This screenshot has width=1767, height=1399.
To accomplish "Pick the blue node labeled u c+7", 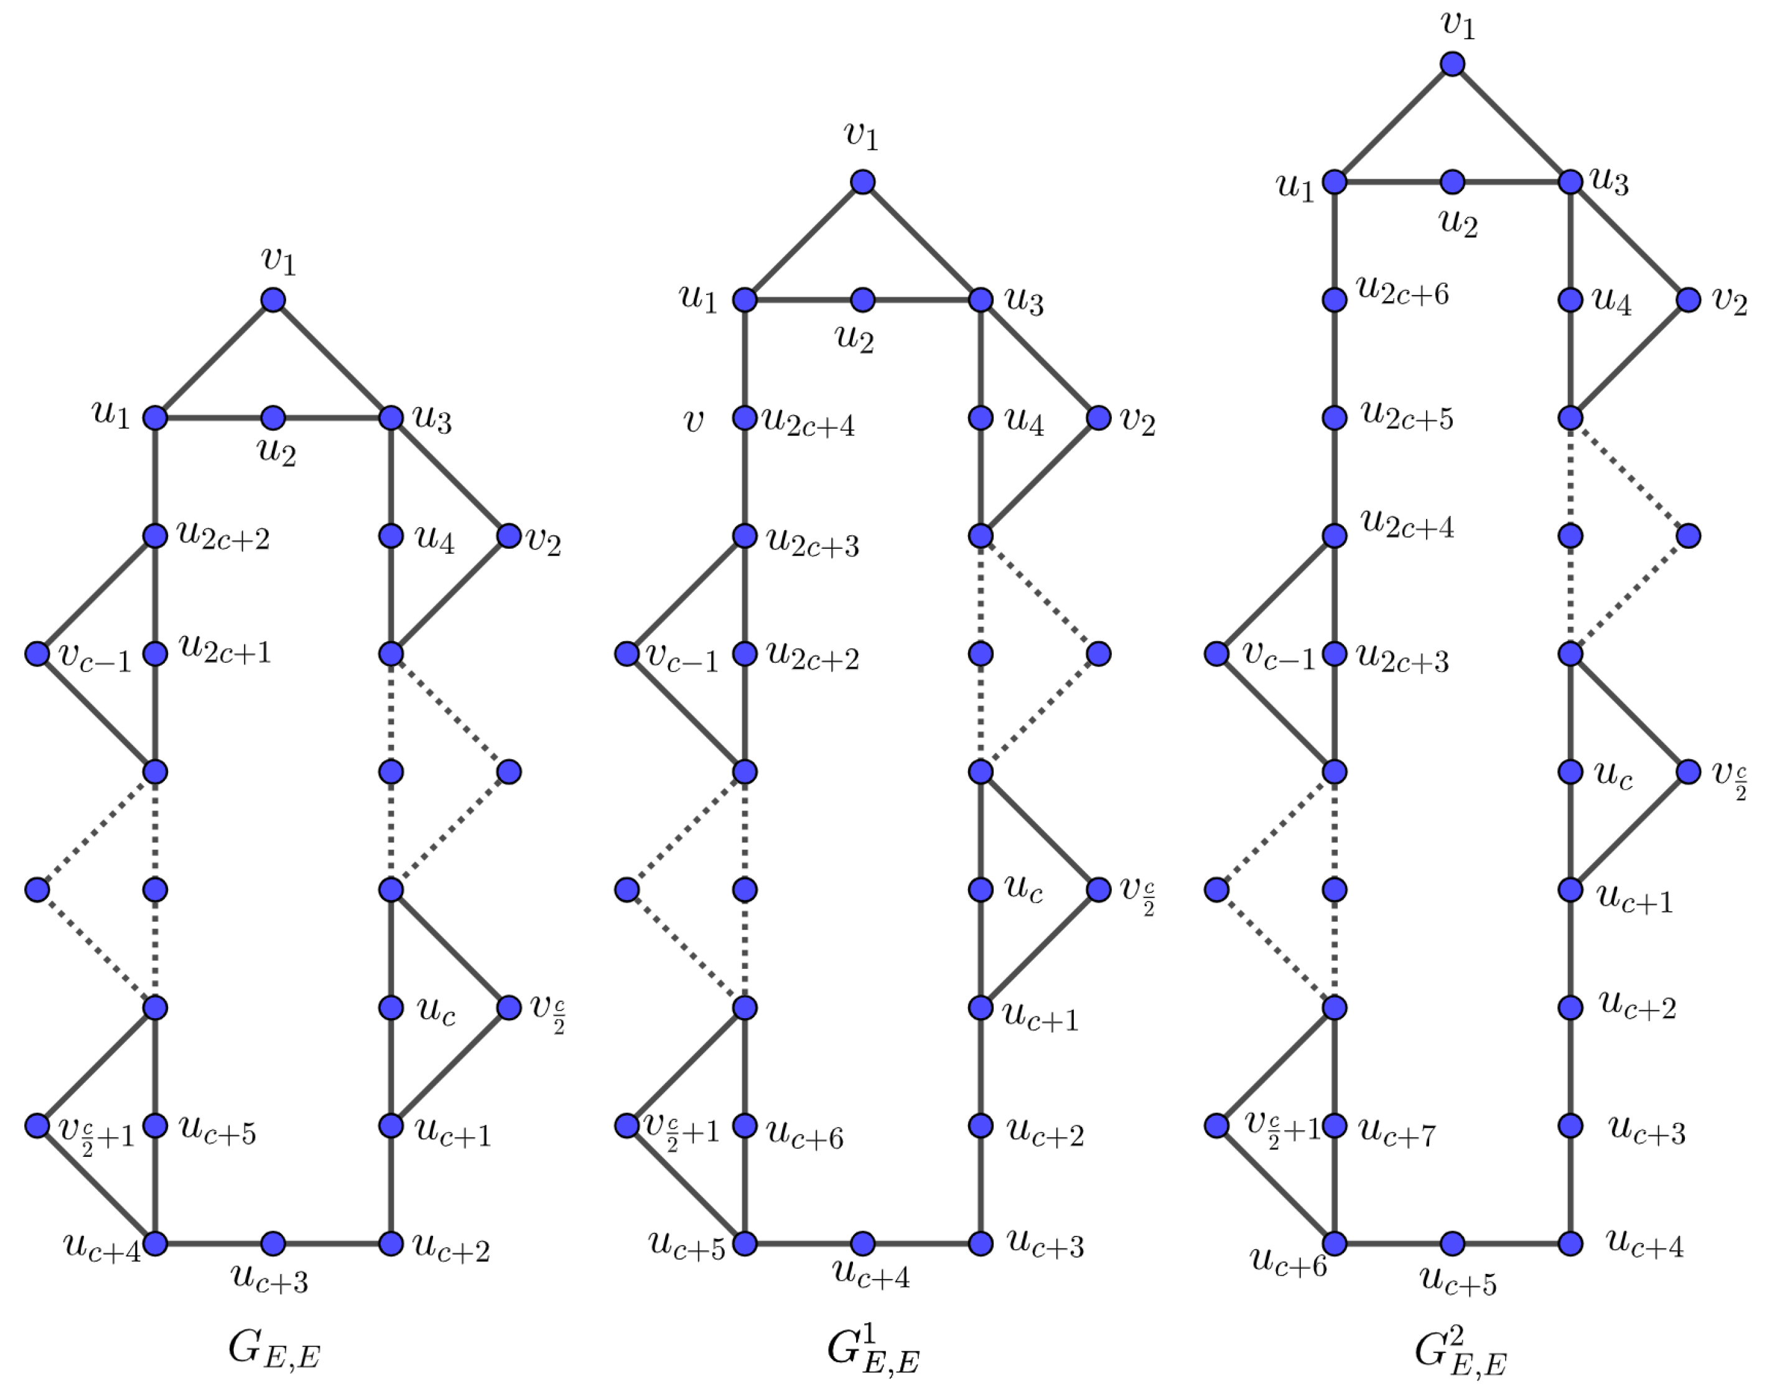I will [x=1335, y=1125].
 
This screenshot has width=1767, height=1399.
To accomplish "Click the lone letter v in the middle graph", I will [x=692, y=421].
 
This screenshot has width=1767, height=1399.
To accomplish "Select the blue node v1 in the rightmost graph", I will [x=1453, y=64].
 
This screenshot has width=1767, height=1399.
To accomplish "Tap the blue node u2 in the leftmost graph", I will [x=274, y=418].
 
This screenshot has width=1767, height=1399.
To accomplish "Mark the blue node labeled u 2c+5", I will [x=1335, y=418].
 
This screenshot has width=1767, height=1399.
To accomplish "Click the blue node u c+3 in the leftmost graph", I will [x=274, y=1243].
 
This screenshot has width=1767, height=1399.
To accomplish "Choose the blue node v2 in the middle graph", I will [x=1099, y=418].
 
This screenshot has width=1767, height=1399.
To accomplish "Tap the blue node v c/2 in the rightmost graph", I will [x=1689, y=772].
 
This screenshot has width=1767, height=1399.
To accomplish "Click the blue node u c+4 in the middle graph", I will [x=863, y=1243].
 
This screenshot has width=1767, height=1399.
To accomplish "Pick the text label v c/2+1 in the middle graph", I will [x=681, y=1130].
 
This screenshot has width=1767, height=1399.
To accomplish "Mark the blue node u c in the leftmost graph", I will [x=391, y=1008].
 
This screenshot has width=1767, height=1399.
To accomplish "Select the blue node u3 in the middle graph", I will [x=981, y=300].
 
